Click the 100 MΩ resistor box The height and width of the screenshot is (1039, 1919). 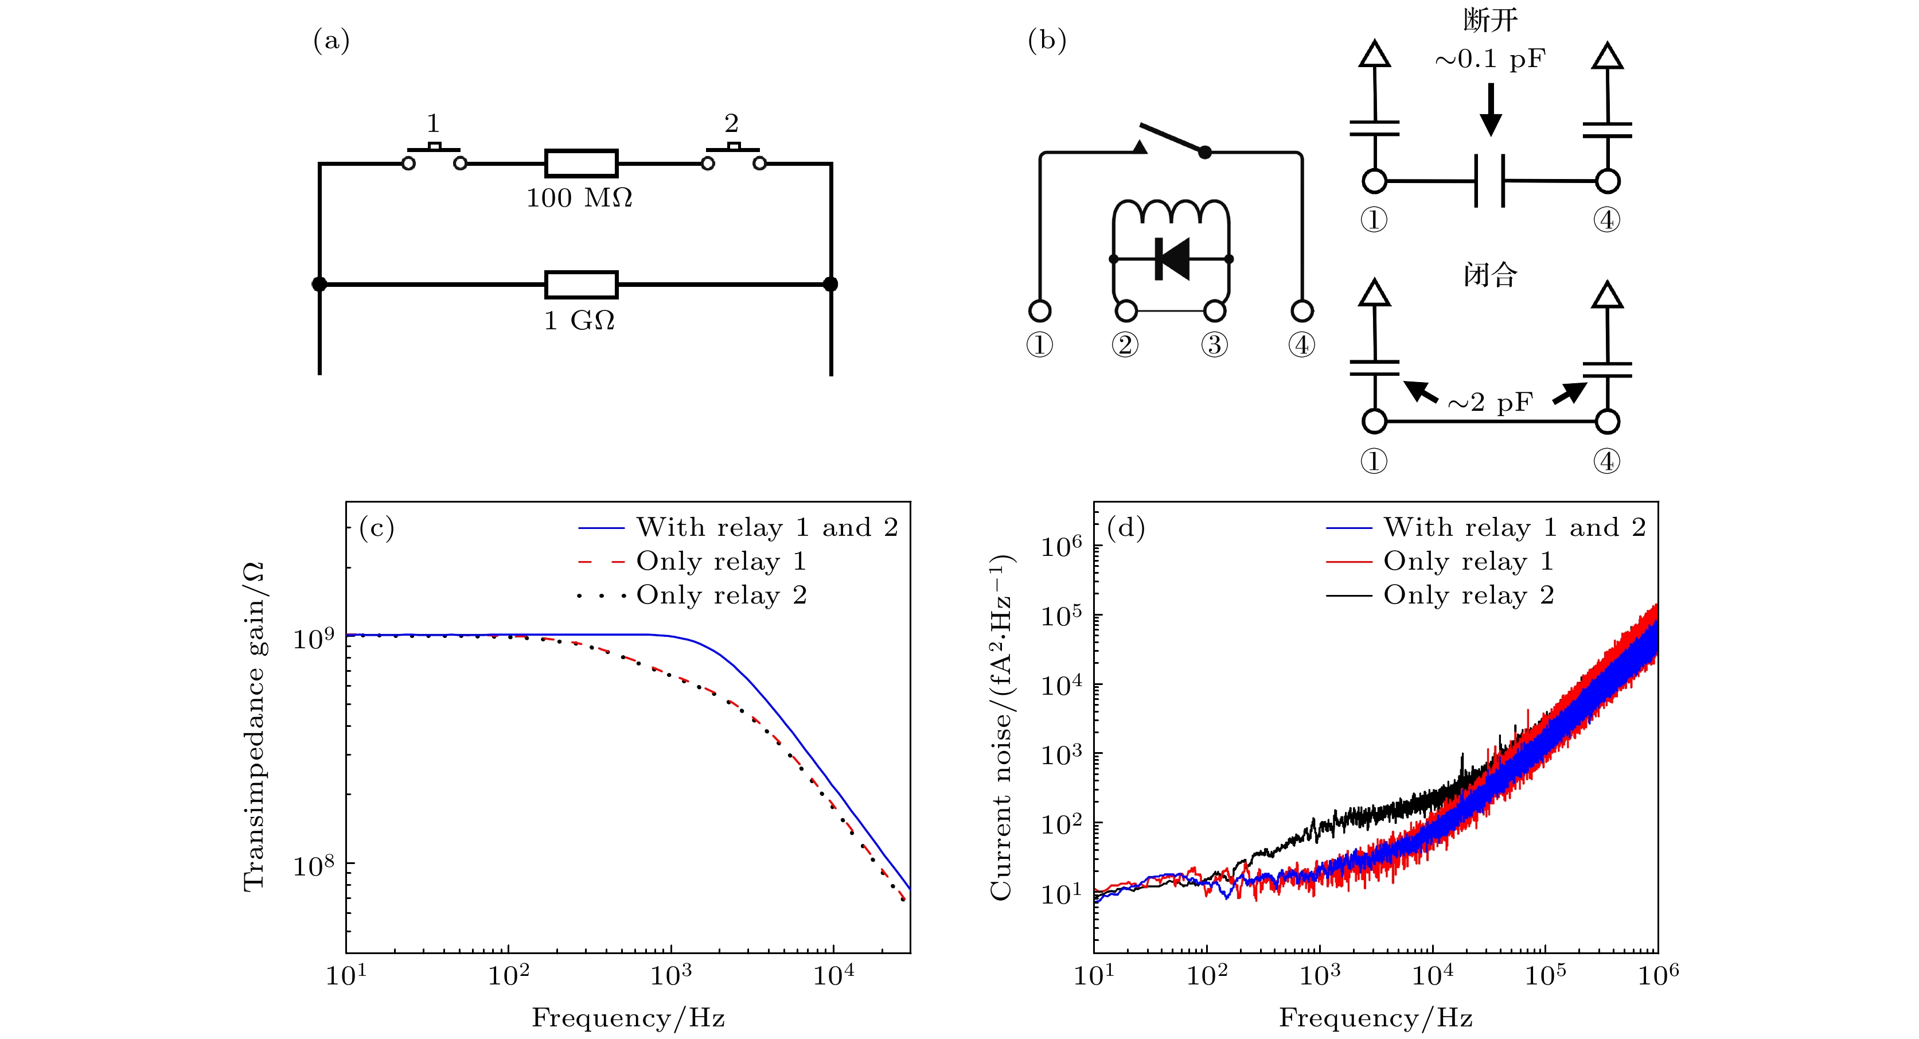(x=581, y=164)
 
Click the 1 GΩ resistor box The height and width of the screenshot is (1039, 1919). (x=581, y=285)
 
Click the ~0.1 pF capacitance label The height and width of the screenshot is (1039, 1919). (x=1490, y=60)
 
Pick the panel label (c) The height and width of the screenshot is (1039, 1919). (x=376, y=528)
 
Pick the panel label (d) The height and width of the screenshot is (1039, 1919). (x=1126, y=528)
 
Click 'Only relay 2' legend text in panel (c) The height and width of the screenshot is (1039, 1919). (x=721, y=596)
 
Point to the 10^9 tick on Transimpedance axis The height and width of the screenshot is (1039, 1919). (x=314, y=639)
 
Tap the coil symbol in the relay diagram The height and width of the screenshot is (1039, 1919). (x=1171, y=212)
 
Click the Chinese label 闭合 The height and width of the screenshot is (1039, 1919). (x=1490, y=275)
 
